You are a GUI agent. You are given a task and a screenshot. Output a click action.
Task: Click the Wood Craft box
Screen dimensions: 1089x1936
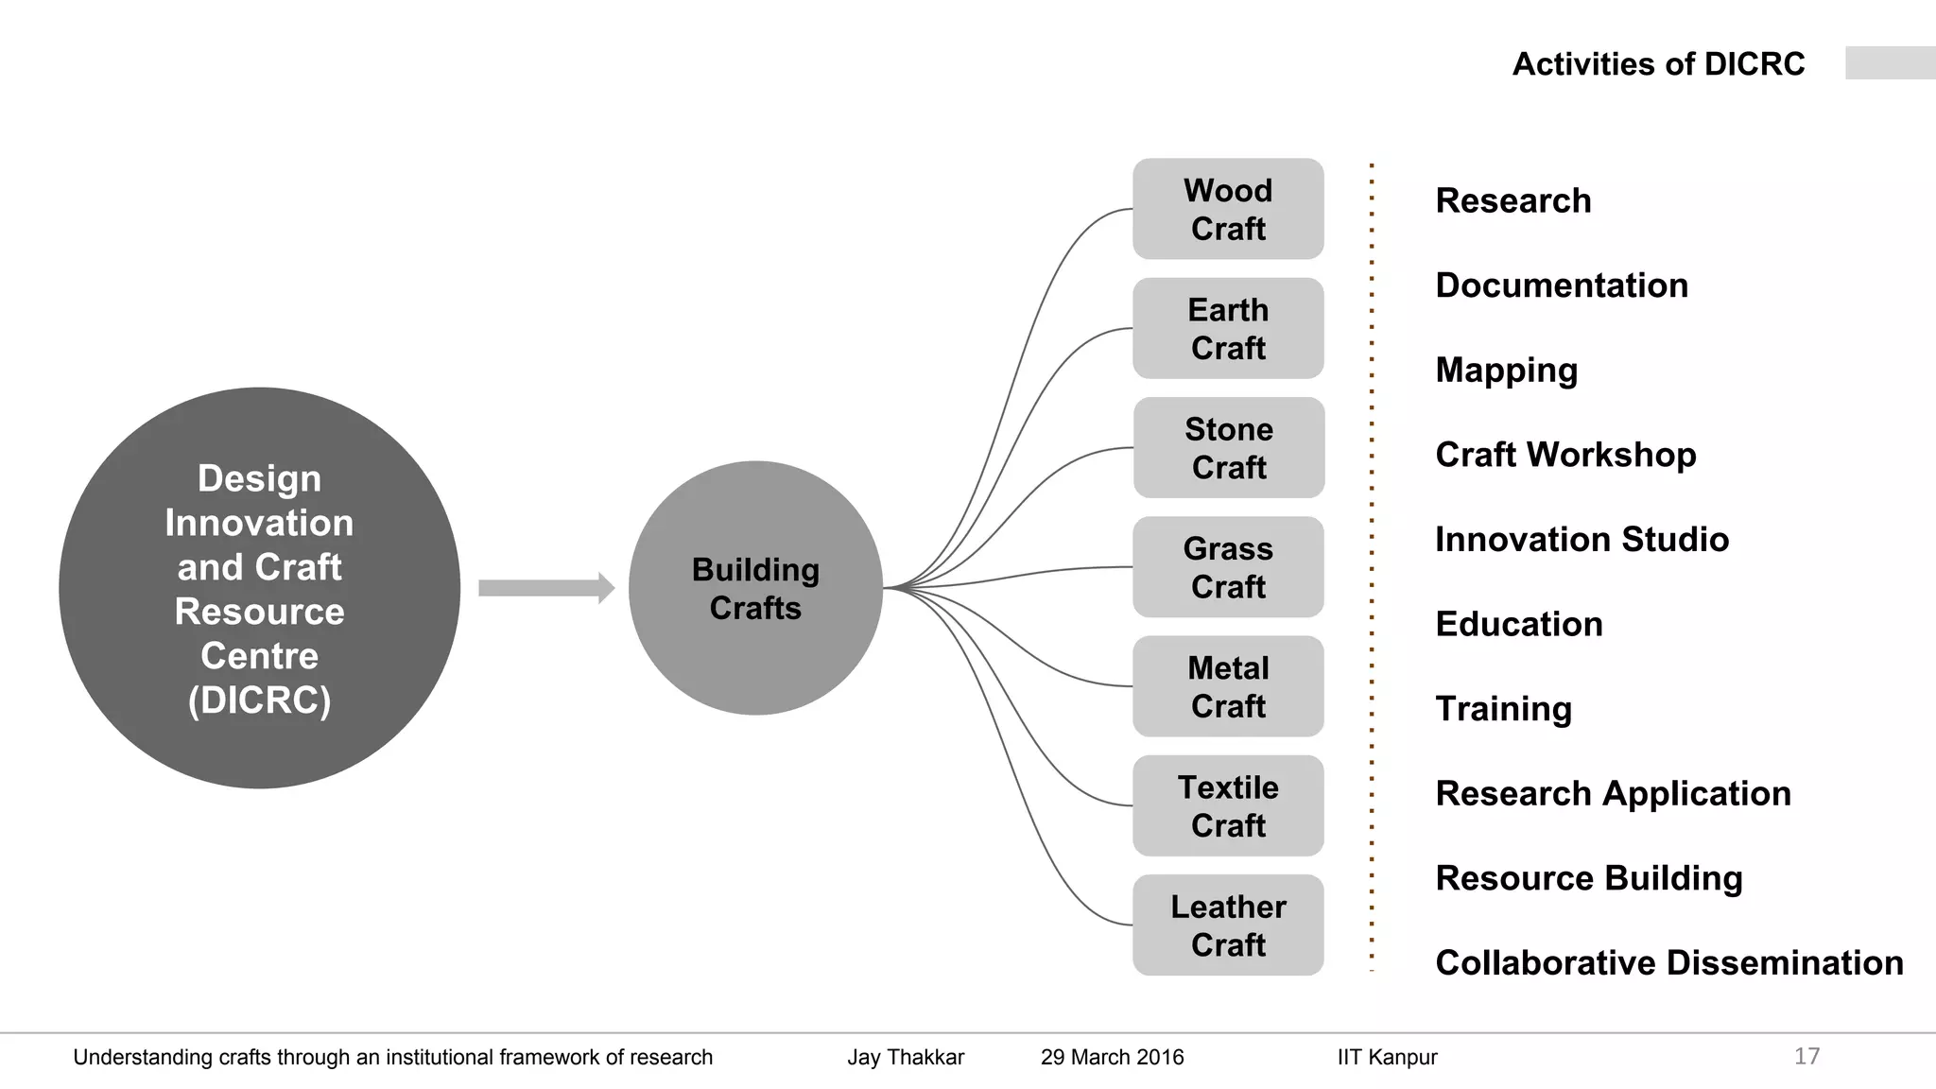(x=1228, y=209)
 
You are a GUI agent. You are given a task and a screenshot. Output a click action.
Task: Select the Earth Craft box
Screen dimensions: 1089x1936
(x=1228, y=328)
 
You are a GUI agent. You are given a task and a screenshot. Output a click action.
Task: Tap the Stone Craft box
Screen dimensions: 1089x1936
(x=1229, y=447)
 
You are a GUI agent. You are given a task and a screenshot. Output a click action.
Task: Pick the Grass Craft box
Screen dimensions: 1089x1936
(x=1228, y=567)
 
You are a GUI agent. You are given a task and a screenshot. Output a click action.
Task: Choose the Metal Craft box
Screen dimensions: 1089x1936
(x=1228, y=686)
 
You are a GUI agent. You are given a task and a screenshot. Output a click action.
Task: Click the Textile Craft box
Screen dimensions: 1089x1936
(x=1228, y=805)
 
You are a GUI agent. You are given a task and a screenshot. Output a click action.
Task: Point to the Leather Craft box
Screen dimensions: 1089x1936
(x=1228, y=925)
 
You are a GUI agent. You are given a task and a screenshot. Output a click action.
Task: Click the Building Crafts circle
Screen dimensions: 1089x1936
(x=755, y=588)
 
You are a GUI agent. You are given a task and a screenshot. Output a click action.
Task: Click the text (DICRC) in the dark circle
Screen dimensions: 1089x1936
(x=259, y=700)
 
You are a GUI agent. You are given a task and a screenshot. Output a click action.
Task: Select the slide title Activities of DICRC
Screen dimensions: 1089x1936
(x=1658, y=64)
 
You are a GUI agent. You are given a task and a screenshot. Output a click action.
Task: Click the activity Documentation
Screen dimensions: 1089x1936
(x=1561, y=285)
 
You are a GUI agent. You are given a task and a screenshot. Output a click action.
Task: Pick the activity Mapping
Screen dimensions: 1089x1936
(x=1506, y=371)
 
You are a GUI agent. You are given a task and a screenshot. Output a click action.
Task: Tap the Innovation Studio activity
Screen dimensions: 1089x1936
(x=1582, y=540)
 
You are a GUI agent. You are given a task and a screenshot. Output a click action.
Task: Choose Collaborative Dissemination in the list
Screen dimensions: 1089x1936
(x=1668, y=962)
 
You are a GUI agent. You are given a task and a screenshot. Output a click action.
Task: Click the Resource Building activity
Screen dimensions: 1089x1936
(x=1588, y=878)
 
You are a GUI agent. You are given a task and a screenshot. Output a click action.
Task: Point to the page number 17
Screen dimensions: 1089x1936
(x=1806, y=1056)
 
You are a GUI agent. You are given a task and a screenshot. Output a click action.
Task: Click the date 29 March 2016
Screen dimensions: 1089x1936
(x=1112, y=1057)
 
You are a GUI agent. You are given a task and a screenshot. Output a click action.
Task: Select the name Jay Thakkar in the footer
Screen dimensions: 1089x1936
(x=906, y=1057)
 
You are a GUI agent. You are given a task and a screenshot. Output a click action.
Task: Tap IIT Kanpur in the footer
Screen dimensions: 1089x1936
(x=1387, y=1057)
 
